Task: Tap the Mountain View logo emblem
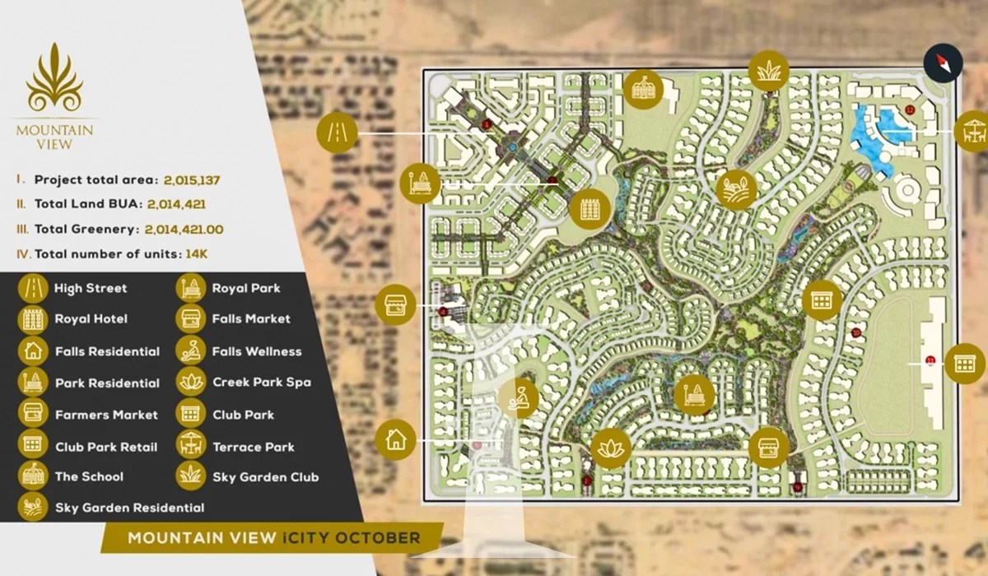point(54,77)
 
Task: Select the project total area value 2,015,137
point(191,179)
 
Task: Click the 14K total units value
point(196,254)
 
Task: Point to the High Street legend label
point(91,288)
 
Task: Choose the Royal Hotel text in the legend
point(91,318)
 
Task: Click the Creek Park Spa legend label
point(261,382)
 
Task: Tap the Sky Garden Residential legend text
point(129,508)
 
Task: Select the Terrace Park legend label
point(253,447)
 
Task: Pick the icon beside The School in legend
point(32,476)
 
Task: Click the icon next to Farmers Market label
point(32,414)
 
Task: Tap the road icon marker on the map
point(338,132)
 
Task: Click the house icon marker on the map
point(395,439)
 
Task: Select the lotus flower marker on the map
point(611,448)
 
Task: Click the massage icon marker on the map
point(519,399)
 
